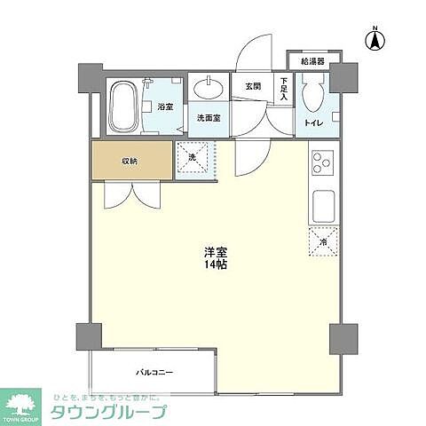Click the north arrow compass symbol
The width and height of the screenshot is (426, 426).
[x=375, y=38]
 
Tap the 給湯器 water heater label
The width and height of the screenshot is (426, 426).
[x=312, y=62]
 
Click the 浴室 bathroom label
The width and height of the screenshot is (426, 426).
[x=164, y=106]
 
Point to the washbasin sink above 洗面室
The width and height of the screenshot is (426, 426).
[x=210, y=89]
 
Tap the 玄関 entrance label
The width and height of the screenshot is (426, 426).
[x=252, y=86]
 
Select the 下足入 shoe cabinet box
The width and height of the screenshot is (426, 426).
[x=282, y=91]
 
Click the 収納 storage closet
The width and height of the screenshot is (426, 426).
[x=130, y=161]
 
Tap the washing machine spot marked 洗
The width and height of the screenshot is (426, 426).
[x=193, y=160]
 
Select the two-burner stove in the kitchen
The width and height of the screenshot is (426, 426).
[x=320, y=164]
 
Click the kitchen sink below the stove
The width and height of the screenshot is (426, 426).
[x=321, y=208]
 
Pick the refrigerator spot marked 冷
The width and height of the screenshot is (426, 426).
[x=322, y=241]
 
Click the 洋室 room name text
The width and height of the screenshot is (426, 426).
[x=213, y=252]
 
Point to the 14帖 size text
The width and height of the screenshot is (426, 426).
[x=213, y=265]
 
